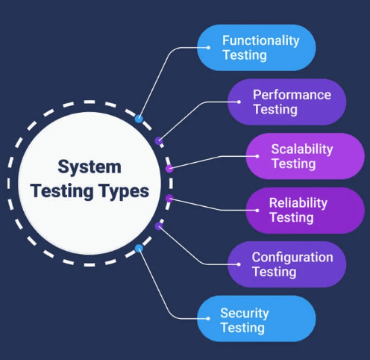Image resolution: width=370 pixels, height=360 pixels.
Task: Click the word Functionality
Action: (261, 40)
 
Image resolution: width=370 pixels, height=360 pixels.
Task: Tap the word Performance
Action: (292, 95)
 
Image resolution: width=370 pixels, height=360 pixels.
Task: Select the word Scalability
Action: (302, 149)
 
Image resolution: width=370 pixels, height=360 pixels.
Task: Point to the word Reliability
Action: (298, 203)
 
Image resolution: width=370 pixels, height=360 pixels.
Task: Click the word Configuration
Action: (292, 257)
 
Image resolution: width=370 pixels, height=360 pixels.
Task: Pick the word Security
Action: (245, 313)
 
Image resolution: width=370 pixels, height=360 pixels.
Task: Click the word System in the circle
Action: (90, 167)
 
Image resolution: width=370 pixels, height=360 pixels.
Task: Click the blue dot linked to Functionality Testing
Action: (139, 119)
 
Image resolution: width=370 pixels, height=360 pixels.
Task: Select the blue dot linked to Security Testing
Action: (139, 248)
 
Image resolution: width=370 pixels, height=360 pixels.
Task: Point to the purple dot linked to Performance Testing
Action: (159, 141)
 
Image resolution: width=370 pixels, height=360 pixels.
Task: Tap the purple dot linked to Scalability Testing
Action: (169, 169)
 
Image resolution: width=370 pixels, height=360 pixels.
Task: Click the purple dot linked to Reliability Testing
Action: (169, 199)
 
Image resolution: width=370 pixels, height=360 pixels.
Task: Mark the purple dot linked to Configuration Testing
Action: (159, 226)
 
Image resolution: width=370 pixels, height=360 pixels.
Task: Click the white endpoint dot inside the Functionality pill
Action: (208, 48)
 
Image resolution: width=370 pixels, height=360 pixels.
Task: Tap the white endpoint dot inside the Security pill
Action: (208, 319)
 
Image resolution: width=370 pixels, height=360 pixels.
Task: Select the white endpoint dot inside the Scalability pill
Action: (257, 156)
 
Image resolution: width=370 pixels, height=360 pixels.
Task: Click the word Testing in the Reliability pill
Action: (292, 217)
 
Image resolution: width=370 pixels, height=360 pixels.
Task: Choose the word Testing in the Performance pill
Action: (275, 110)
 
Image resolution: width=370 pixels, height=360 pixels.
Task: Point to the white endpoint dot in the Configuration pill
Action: (239, 264)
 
